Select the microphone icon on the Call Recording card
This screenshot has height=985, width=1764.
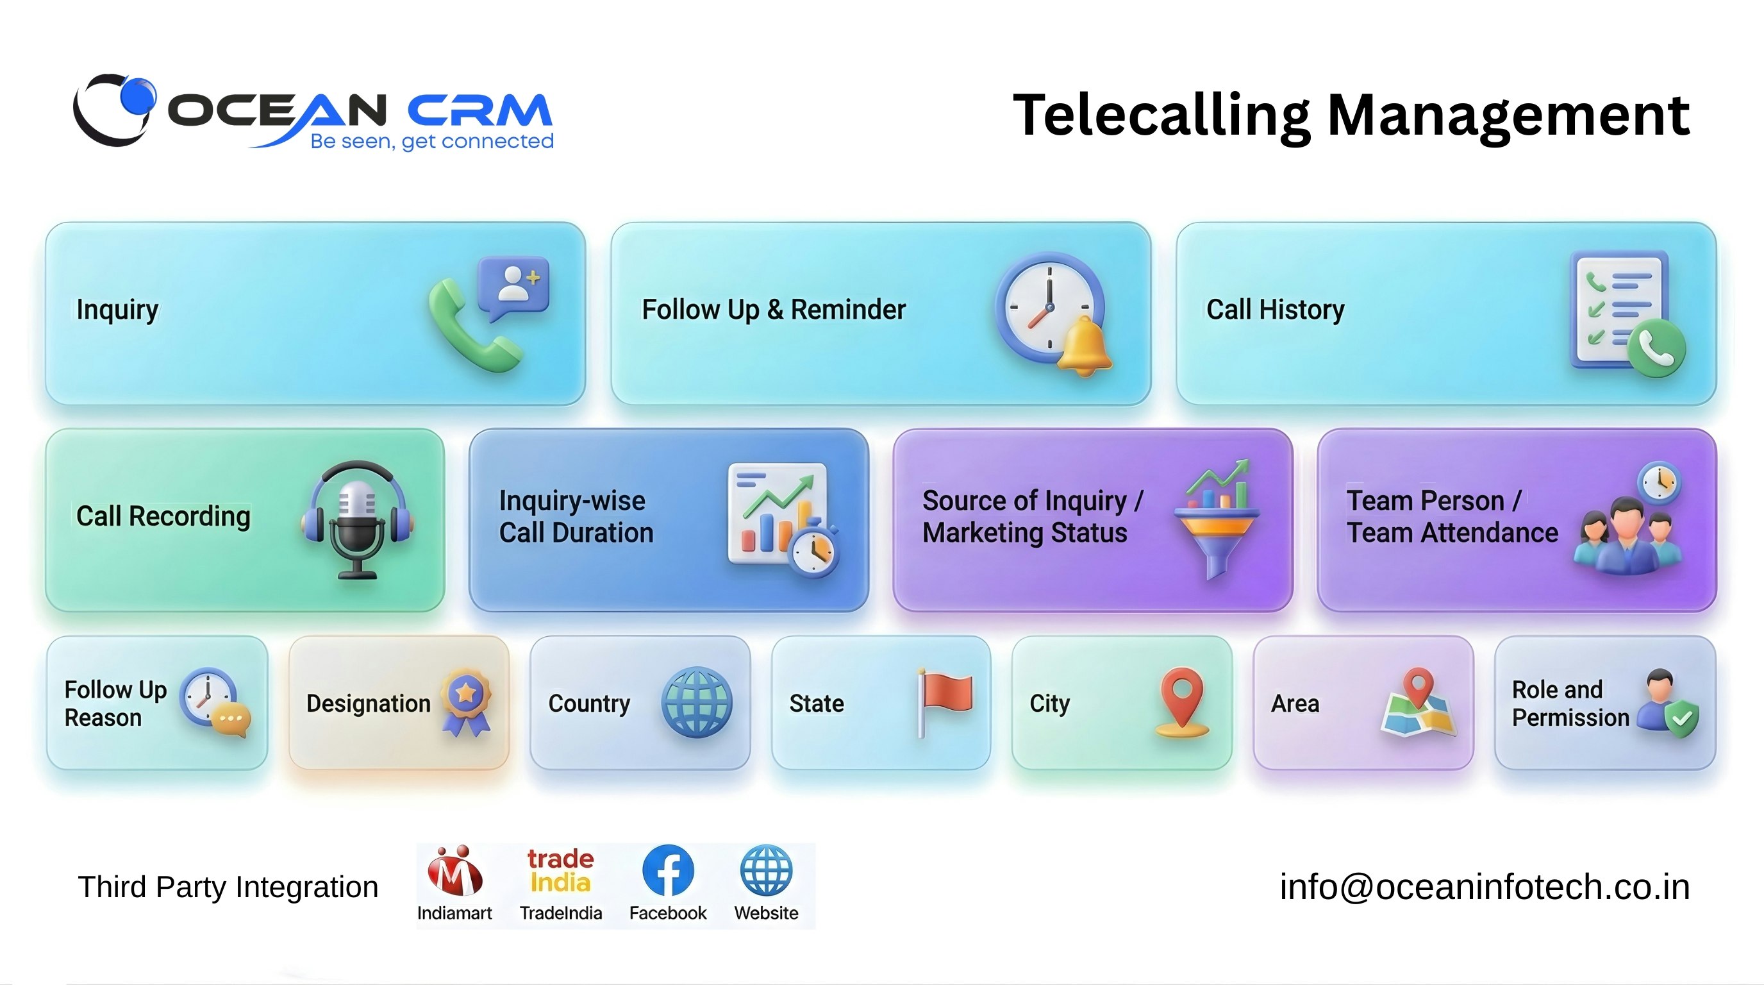357,521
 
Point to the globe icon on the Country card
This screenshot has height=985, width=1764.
696,702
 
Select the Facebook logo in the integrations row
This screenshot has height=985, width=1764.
668,871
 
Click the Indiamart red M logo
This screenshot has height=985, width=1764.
454,872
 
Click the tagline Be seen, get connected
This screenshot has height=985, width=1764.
431,141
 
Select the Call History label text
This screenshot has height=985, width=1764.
1275,310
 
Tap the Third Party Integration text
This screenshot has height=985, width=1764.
228,887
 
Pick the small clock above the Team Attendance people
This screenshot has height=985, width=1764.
1658,483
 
